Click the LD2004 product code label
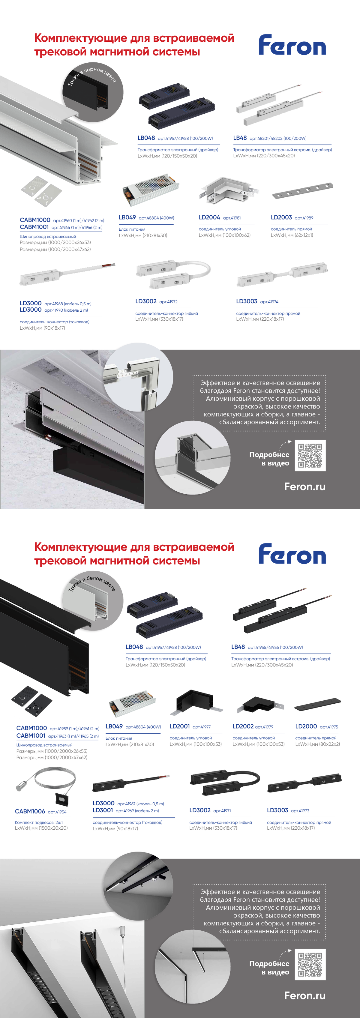209,217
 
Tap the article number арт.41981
232,218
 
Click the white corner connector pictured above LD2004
228,191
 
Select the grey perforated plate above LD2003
302,190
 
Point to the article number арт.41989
304,218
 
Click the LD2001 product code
180,726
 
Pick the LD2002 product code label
243,726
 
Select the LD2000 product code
306,726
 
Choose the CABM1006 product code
30,811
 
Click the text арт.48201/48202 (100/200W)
278,138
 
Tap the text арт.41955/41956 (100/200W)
275,647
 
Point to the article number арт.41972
168,301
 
